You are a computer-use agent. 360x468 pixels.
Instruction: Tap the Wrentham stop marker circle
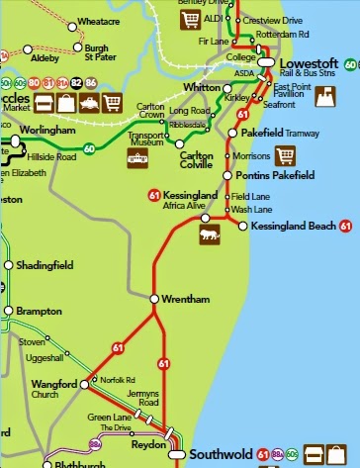(153, 298)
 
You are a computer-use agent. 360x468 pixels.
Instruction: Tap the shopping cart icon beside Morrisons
(286, 155)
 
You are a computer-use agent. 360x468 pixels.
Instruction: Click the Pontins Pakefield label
(277, 175)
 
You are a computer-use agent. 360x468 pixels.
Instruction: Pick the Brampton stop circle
(9, 310)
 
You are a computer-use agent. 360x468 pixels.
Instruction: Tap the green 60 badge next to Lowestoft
(352, 64)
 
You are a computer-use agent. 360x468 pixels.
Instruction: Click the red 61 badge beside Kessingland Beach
(346, 227)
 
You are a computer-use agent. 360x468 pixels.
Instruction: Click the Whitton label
(203, 88)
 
